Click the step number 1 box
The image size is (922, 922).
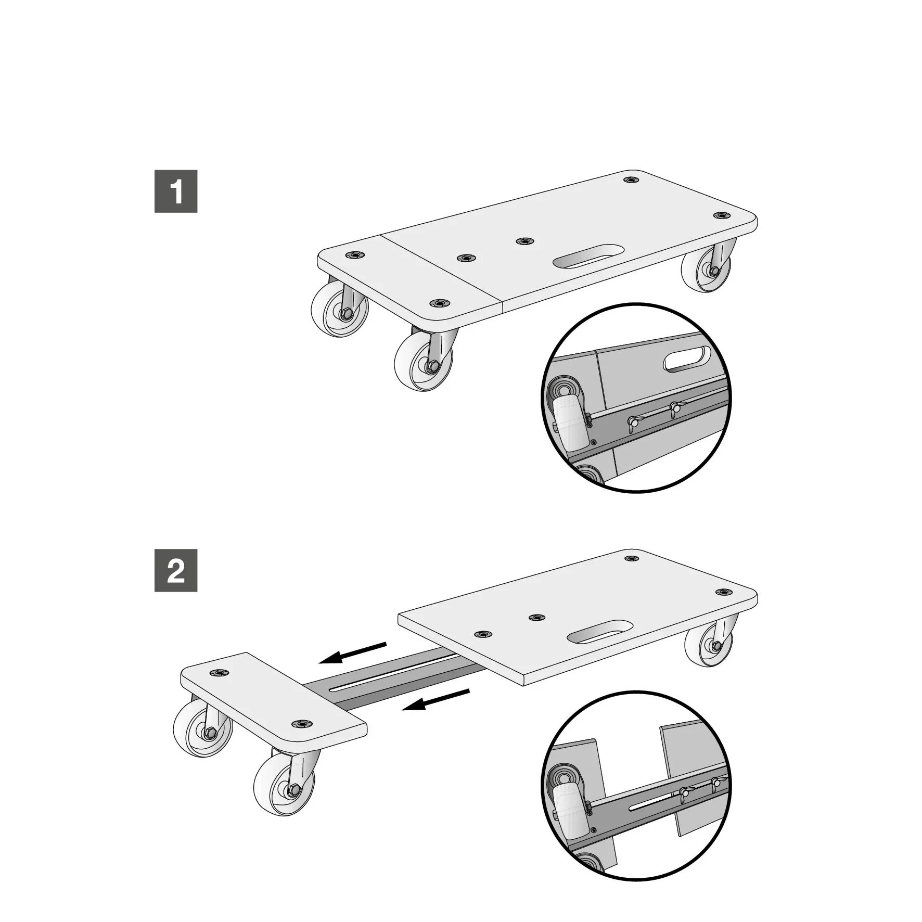(x=176, y=191)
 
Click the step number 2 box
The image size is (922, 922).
(x=176, y=570)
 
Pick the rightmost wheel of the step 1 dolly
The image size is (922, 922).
(x=706, y=270)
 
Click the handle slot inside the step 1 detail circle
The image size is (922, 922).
(x=687, y=359)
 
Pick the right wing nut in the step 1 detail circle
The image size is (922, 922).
(x=675, y=409)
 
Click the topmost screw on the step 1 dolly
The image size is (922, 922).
(x=631, y=180)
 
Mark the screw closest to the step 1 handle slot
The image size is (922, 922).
(x=524, y=241)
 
